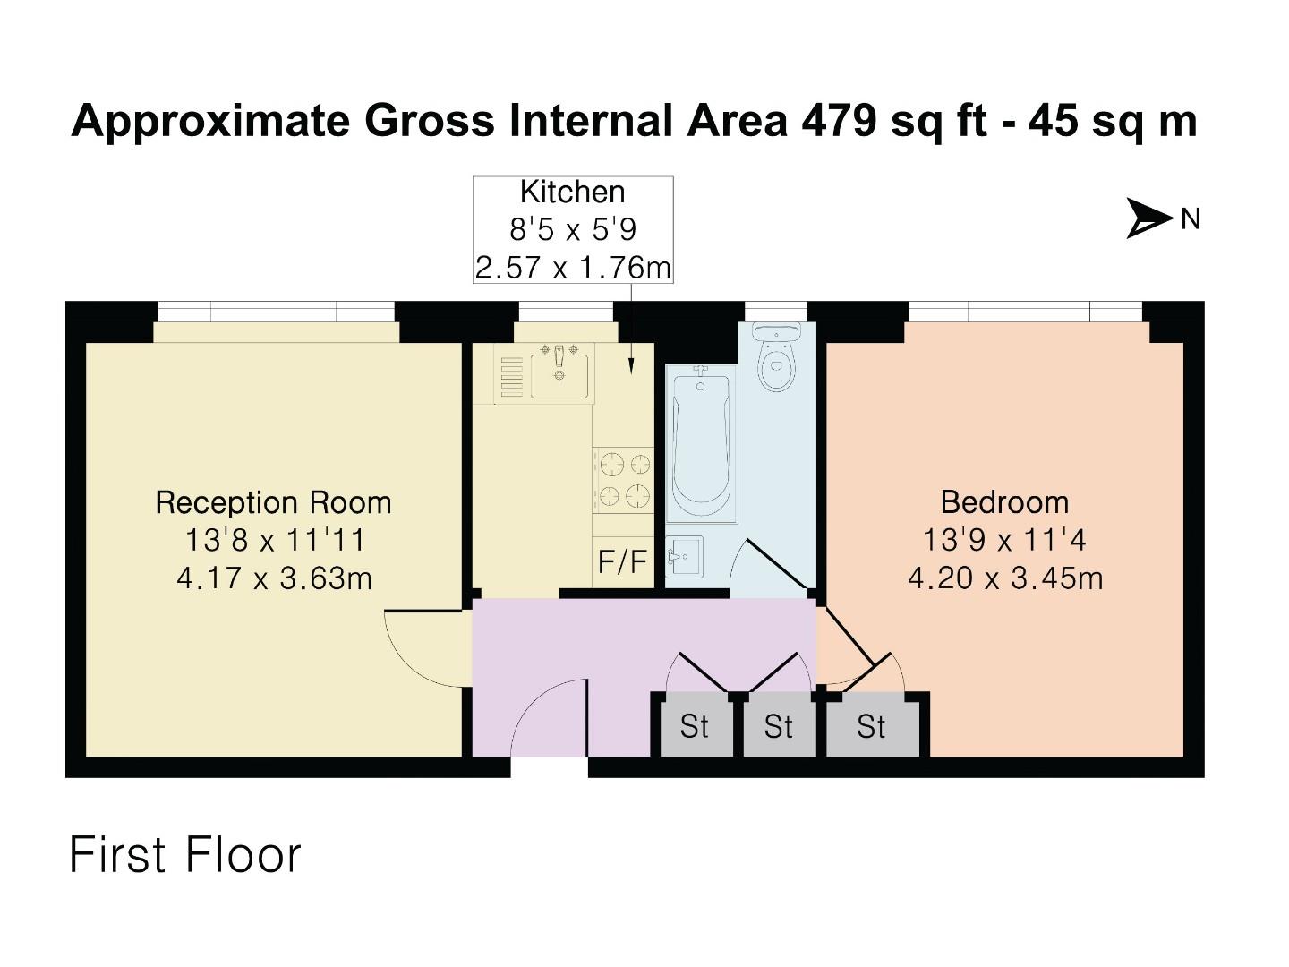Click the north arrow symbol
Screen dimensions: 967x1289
(x=1149, y=218)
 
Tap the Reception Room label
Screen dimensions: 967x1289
(x=273, y=502)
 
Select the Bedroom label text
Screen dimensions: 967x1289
(x=1004, y=501)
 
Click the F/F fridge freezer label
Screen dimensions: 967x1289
(x=622, y=561)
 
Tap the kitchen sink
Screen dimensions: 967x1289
(x=559, y=374)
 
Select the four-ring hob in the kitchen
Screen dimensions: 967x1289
(x=624, y=480)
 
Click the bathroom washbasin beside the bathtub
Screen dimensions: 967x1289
(x=684, y=557)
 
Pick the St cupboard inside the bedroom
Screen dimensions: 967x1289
(x=871, y=726)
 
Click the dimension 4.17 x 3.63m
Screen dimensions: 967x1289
(x=274, y=578)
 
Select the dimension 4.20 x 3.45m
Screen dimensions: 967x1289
(x=1004, y=578)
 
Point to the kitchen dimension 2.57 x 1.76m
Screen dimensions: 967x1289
(x=573, y=267)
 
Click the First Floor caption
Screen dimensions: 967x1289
(x=185, y=854)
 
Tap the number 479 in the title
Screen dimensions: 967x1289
(x=839, y=120)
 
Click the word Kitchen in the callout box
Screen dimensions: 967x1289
(x=573, y=192)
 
